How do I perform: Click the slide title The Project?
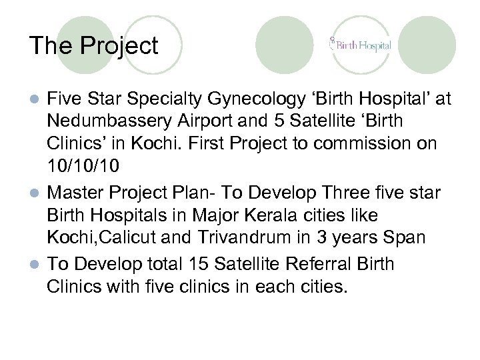click(93, 46)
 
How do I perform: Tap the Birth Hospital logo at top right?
click(360, 45)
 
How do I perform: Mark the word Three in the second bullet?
click(360, 193)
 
